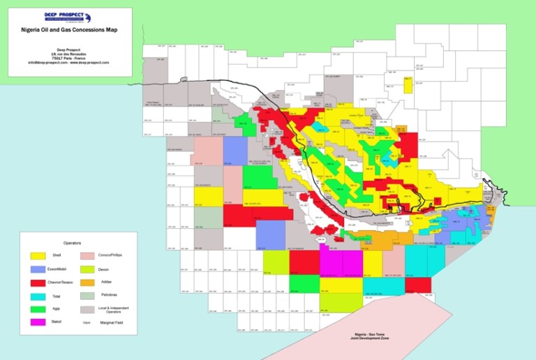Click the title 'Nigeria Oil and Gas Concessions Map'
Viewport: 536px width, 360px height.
coord(68,31)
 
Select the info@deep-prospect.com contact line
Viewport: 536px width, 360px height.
coord(68,63)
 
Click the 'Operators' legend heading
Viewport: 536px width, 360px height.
coord(73,243)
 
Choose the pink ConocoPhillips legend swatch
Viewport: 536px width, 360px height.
coord(87,255)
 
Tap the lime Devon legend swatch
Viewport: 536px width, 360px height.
coord(87,269)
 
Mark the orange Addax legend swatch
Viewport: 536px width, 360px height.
coord(87,282)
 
